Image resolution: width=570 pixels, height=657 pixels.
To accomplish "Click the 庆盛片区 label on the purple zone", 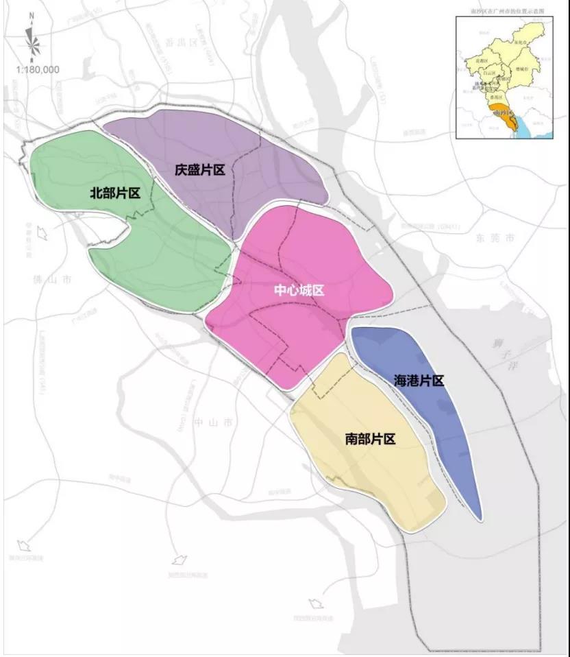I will pos(199,170).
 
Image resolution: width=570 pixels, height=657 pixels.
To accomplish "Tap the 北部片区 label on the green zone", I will pos(115,193).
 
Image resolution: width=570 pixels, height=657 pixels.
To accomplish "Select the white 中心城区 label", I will pos(299,290).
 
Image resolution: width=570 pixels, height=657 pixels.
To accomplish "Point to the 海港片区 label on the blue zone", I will pos(419,381).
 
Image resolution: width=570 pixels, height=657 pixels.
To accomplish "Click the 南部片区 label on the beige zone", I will pos(371,439).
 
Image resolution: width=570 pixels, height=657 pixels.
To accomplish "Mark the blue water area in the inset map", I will pos(523,128).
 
